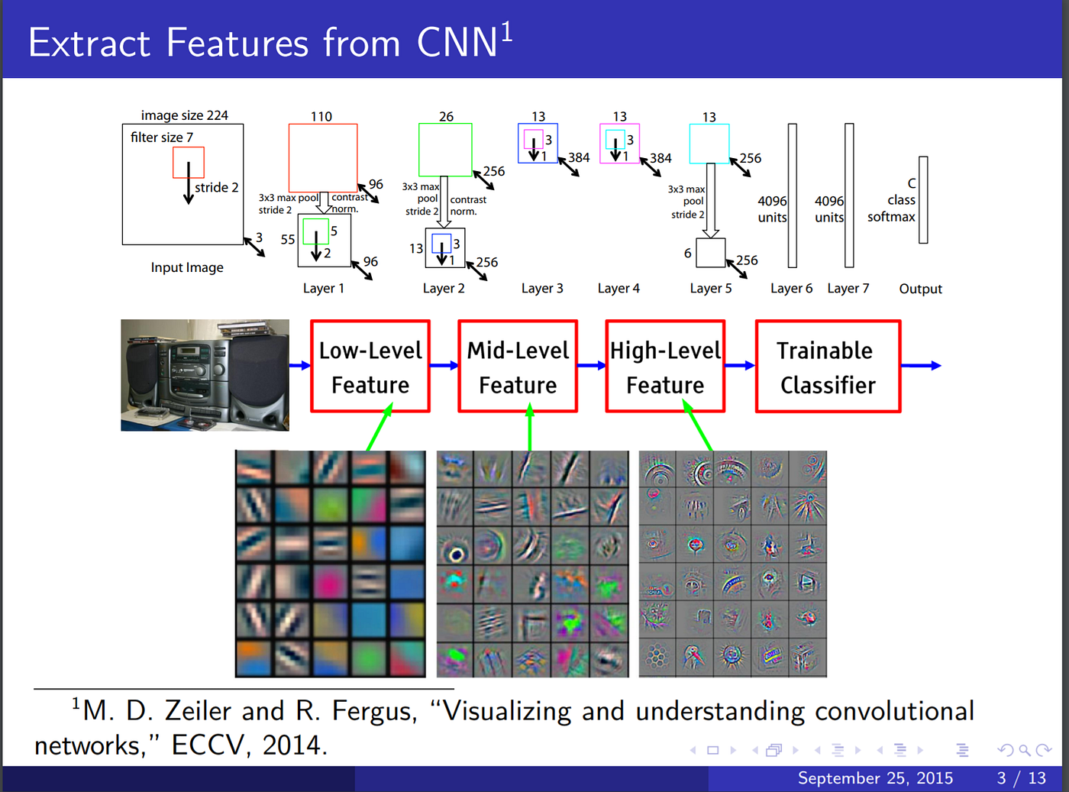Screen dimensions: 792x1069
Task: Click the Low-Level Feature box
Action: pyautogui.click(x=370, y=367)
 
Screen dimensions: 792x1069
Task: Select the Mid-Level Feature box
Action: pyautogui.click(x=518, y=367)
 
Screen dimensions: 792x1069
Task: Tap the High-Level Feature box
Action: pyautogui.click(x=665, y=367)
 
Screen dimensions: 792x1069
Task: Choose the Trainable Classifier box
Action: pyautogui.click(x=828, y=367)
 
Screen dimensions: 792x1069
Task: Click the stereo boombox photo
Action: pyautogui.click(x=205, y=375)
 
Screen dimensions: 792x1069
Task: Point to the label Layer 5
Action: pyautogui.click(x=710, y=289)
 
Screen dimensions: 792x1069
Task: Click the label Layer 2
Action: pyautogui.click(x=444, y=289)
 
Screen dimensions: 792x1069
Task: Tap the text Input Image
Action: pyautogui.click(x=187, y=267)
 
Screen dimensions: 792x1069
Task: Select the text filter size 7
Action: pyautogui.click(x=162, y=137)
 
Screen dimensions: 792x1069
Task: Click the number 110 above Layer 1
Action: pyautogui.click(x=321, y=117)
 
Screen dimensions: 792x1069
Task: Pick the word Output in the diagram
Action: pyautogui.click(x=920, y=289)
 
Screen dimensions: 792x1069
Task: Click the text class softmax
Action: pyautogui.click(x=892, y=209)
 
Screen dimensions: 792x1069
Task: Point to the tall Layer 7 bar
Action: pyautogui.click(x=849, y=196)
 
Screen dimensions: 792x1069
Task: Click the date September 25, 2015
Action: pyautogui.click(x=875, y=777)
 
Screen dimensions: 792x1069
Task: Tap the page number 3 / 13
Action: pyautogui.click(x=1021, y=777)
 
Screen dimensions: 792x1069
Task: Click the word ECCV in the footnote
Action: pyautogui.click(x=205, y=745)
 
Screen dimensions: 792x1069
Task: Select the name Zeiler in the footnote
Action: pyautogui.click(x=198, y=711)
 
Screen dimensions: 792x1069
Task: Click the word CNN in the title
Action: pyautogui.click(x=457, y=43)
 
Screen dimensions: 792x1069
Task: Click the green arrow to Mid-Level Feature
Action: pyautogui.click(x=530, y=429)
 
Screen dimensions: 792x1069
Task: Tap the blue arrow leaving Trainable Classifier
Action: pyautogui.click(x=922, y=366)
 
